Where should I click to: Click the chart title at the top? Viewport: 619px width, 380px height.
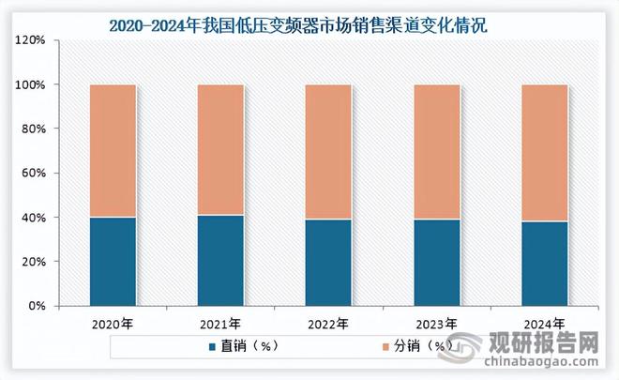pyautogui.click(x=309, y=23)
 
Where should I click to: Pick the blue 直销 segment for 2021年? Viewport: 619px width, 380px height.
pyautogui.click(x=219, y=261)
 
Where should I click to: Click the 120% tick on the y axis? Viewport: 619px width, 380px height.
pyautogui.click(x=31, y=40)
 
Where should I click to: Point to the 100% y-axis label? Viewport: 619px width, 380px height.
pyautogui.click(x=31, y=84)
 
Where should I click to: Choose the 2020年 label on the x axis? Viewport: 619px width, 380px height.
pyautogui.click(x=113, y=326)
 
